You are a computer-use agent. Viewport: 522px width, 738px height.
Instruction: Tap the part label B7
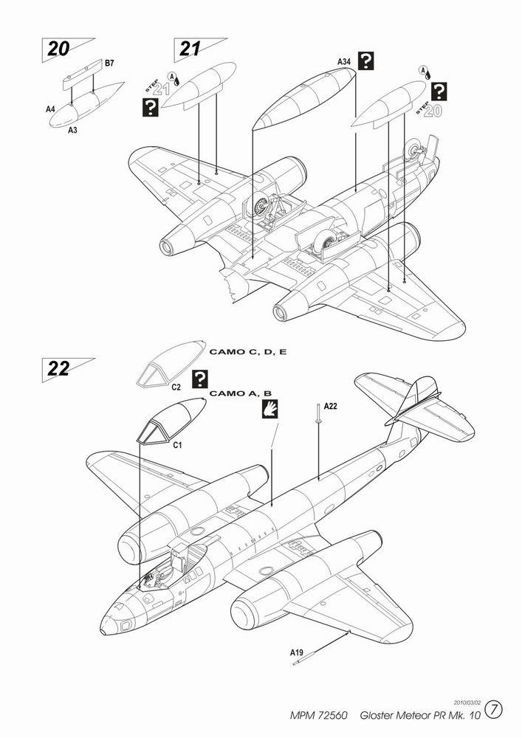pyautogui.click(x=109, y=63)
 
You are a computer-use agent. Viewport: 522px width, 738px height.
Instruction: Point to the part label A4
pyautogui.click(x=50, y=109)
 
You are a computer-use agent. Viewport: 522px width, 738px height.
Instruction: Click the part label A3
pyautogui.click(x=72, y=130)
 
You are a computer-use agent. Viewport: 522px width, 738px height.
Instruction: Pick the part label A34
pyautogui.click(x=345, y=62)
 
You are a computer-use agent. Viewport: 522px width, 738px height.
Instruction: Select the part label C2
pyautogui.click(x=176, y=387)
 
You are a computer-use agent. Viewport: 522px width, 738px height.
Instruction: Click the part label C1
pyautogui.click(x=177, y=445)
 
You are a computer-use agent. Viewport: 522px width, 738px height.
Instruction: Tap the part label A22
pyautogui.click(x=331, y=407)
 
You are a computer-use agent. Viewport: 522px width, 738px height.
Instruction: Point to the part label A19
pyautogui.click(x=296, y=652)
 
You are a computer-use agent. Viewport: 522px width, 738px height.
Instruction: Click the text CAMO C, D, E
pyautogui.click(x=247, y=351)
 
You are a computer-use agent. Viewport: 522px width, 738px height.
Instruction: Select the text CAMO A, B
pyautogui.click(x=240, y=393)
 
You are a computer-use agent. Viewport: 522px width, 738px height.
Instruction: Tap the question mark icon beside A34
pyautogui.click(x=365, y=61)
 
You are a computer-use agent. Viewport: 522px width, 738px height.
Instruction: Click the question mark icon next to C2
pyautogui.click(x=200, y=379)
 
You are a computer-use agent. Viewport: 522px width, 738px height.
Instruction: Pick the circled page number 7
pyautogui.click(x=494, y=710)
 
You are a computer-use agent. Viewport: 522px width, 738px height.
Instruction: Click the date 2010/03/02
pyautogui.click(x=467, y=703)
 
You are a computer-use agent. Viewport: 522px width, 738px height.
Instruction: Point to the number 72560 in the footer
pyautogui.click(x=332, y=715)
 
